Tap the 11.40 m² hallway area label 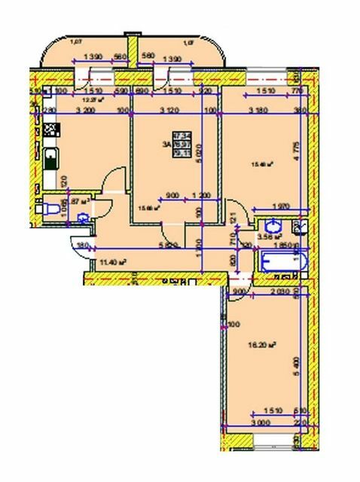click(x=112, y=262)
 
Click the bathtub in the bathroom click(x=281, y=264)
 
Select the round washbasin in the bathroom click(x=272, y=226)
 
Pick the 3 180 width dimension click(x=255, y=110)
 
